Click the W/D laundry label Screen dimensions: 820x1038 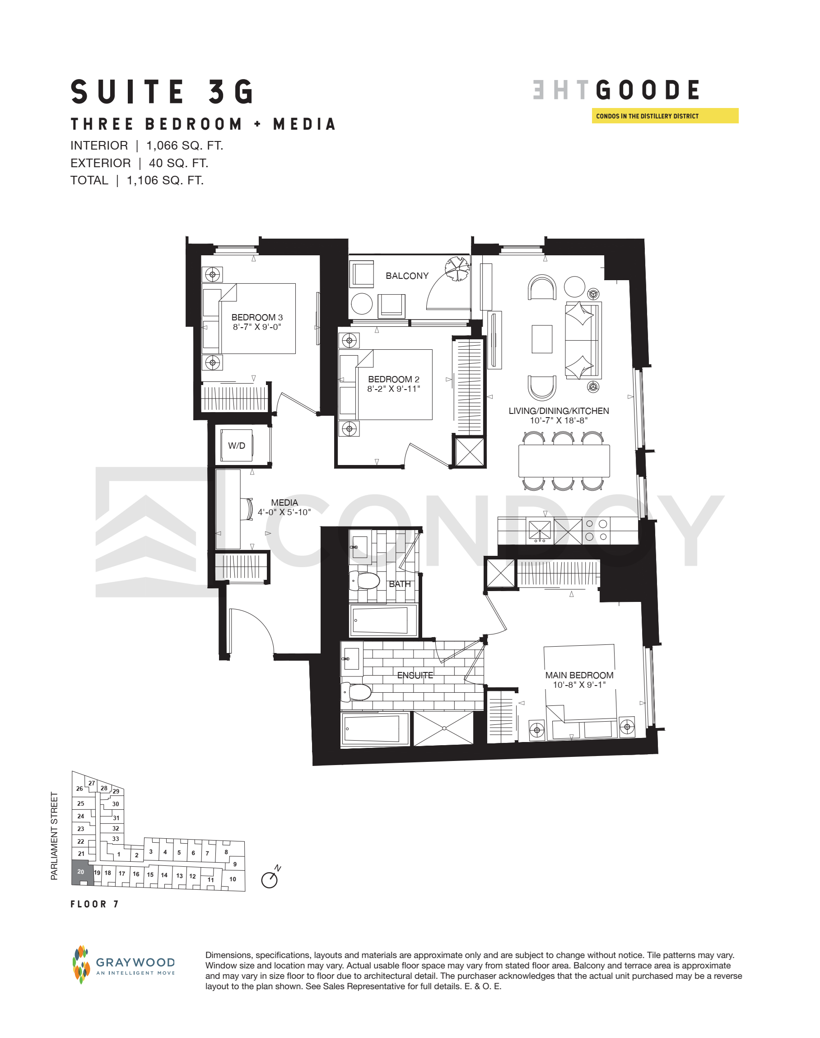click(x=236, y=446)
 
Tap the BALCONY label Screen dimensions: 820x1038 click(x=407, y=276)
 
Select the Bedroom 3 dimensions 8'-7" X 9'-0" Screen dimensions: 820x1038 click(x=257, y=327)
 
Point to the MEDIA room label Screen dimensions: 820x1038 click(x=284, y=503)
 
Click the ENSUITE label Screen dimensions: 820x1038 click(x=415, y=675)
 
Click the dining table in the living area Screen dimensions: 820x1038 click(x=564, y=460)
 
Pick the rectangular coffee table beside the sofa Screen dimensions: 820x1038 click(x=542, y=339)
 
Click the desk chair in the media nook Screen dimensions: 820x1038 click(x=249, y=509)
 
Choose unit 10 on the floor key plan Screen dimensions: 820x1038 click(x=233, y=879)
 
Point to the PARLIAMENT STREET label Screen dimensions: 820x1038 click(x=54, y=836)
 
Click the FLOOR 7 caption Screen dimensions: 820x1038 click(x=94, y=905)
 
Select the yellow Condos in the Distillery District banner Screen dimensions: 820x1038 click(x=665, y=116)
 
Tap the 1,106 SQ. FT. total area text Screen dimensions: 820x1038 click(x=165, y=181)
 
